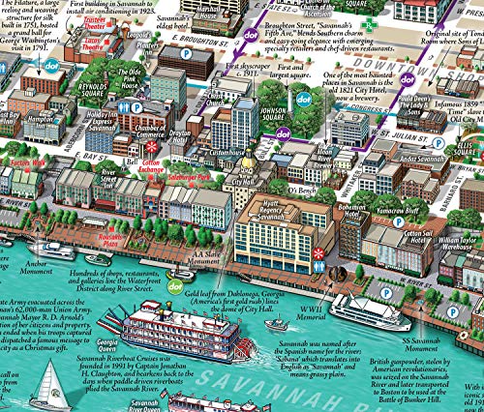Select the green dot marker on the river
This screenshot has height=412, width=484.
[174, 285]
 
